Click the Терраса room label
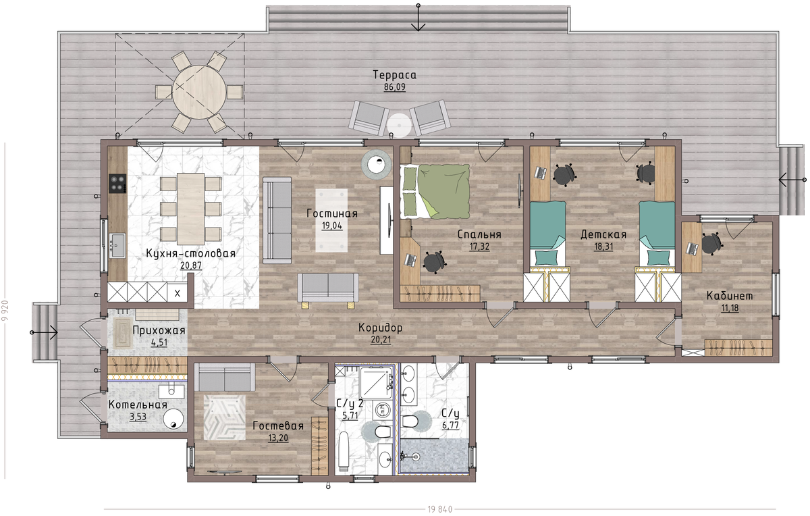tap(394, 75)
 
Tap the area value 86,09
tap(394, 87)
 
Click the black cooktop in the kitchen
tap(117, 184)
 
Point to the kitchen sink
tap(117, 245)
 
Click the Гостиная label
tap(332, 213)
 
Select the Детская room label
tap(603, 234)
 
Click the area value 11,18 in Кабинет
tap(730, 309)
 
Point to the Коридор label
tap(381, 328)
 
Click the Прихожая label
tap(159, 330)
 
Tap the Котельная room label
tap(138, 405)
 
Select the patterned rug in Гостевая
tap(225, 417)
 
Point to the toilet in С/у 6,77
tap(410, 421)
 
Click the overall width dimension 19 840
tap(440, 509)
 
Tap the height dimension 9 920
tap(5, 311)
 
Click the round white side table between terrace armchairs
tap(399, 125)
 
